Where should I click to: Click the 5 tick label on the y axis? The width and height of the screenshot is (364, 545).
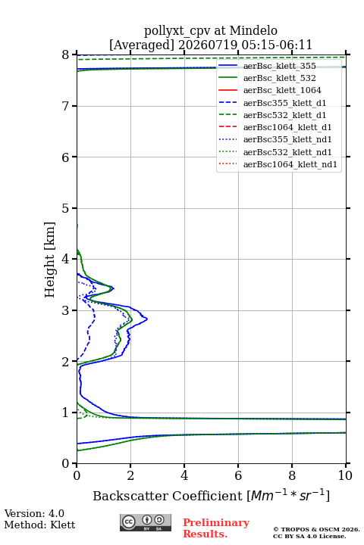tap(65, 208)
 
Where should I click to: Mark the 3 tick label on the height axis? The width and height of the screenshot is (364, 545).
tap(65, 310)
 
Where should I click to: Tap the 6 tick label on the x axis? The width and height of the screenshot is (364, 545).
tap(238, 475)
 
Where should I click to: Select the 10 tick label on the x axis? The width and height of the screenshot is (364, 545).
tap(345, 475)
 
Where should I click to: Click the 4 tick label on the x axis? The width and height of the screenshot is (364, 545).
tap(184, 475)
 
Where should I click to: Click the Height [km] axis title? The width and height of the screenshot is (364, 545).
tap(49, 260)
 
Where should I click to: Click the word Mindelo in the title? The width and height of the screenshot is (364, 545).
tap(253, 30)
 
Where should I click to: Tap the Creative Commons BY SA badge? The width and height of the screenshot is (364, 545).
tap(146, 522)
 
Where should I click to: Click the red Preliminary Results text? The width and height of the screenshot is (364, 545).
tap(216, 528)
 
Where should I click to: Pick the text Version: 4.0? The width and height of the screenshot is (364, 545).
tap(34, 513)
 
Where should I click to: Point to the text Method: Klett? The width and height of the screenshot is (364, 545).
tap(39, 525)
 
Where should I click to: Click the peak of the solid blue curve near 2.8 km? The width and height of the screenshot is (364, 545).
tap(147, 319)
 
